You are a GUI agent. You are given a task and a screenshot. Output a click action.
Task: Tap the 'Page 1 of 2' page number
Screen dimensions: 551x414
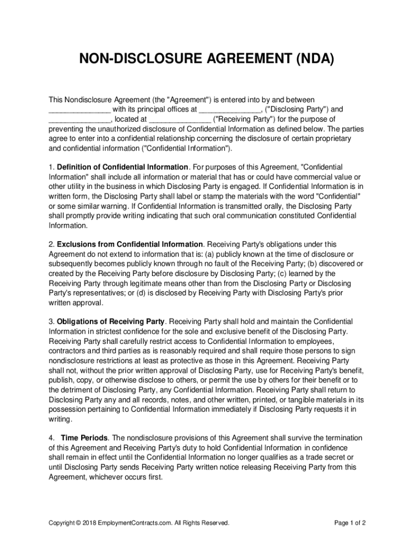pos(350,523)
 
